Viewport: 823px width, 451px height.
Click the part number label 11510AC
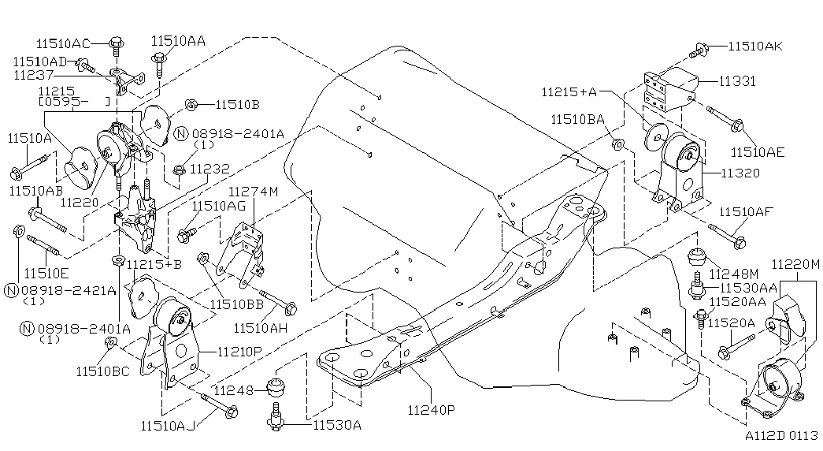(x=63, y=43)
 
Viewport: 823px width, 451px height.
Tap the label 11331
(x=737, y=81)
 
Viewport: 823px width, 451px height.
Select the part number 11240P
(x=432, y=409)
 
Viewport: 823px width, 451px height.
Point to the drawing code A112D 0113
(x=781, y=435)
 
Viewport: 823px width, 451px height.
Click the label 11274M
(x=254, y=192)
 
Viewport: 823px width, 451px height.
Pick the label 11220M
(x=795, y=264)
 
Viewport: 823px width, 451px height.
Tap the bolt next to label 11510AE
(x=725, y=118)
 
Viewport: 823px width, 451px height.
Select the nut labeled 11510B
(x=191, y=105)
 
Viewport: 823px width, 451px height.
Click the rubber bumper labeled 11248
(x=276, y=388)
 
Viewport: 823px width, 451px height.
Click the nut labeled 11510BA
(x=617, y=143)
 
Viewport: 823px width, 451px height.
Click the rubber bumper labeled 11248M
(x=696, y=257)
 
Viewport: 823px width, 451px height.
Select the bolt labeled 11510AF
(x=727, y=236)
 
